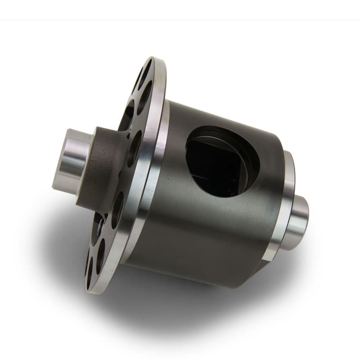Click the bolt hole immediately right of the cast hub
133,148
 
